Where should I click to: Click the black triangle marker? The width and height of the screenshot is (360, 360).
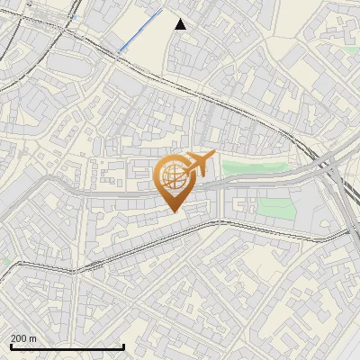(180, 24)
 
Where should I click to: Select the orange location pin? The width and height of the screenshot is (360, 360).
(173, 182)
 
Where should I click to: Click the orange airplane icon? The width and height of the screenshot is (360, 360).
(196, 166)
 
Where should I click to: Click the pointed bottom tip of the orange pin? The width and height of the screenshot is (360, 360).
(173, 211)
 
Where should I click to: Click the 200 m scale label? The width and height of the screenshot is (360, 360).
(23, 338)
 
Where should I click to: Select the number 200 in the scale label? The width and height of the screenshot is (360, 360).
(19, 338)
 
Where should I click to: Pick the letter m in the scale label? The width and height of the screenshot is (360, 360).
(32, 338)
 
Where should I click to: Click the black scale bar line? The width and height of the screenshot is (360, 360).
(67, 347)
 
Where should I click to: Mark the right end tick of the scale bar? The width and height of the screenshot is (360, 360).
(123, 346)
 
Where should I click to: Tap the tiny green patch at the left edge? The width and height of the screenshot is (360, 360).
(4, 260)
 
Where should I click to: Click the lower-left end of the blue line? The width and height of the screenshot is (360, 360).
(118, 51)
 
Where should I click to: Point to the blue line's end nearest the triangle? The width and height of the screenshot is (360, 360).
(162, 11)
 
